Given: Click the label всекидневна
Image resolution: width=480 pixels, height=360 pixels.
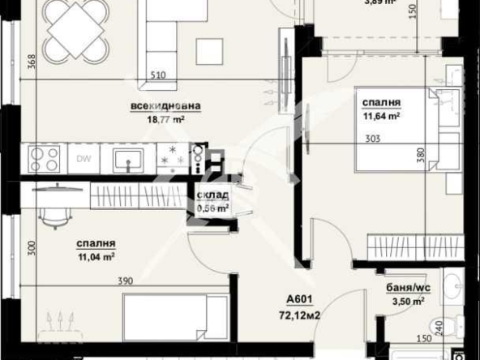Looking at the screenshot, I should [165, 105].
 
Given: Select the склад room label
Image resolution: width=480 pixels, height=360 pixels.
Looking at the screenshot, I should [213, 195].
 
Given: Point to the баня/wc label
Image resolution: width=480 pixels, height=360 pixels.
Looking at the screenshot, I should [407, 287].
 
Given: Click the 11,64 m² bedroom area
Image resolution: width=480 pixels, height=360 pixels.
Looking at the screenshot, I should [382, 116].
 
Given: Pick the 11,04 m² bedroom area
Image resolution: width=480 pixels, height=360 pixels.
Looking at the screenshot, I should [96, 257].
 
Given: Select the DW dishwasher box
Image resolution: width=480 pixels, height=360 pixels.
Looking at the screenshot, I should [84, 158].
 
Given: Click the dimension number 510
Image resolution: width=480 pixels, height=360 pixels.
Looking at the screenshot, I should [157, 76].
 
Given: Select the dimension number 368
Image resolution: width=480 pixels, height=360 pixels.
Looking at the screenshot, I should [32, 62].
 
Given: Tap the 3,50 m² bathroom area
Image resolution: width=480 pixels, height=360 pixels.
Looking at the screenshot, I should [407, 301].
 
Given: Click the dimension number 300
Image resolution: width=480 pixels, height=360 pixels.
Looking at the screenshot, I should [32, 248].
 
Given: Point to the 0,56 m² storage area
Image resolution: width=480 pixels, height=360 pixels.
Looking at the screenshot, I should [213, 208].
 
